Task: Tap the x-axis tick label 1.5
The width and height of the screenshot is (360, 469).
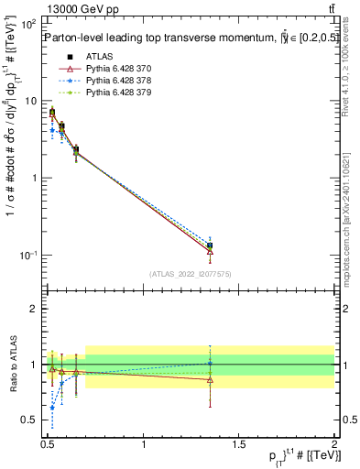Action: click(x=238, y=443)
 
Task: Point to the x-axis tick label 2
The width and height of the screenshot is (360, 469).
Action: click(x=334, y=443)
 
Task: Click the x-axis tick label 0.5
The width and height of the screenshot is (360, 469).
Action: click(x=48, y=443)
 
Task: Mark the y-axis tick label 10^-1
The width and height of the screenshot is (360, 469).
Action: click(x=29, y=255)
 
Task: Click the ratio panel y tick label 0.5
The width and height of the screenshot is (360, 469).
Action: click(x=32, y=420)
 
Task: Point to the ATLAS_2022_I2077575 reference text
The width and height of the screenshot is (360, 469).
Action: click(x=191, y=273)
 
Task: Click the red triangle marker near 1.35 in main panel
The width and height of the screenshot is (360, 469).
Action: click(x=210, y=251)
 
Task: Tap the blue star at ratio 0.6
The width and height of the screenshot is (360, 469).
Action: click(x=52, y=408)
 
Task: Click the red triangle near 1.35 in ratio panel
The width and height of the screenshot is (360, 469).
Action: click(x=210, y=378)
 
